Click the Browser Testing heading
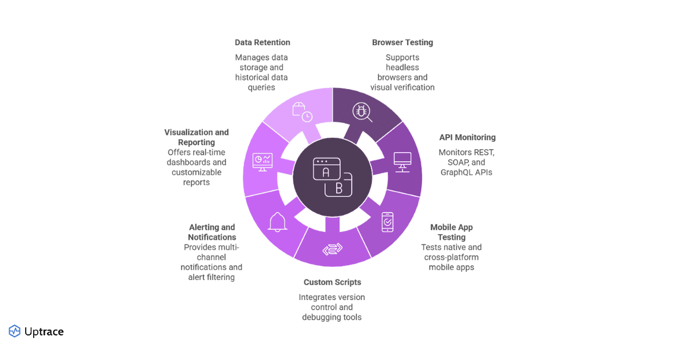402,42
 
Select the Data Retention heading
262,42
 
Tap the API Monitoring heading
467,138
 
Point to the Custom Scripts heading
332,282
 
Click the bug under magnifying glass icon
362,112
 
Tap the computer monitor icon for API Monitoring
402,162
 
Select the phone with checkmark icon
387,222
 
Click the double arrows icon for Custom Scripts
332,250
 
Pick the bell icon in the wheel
278,222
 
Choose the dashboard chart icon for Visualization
262,162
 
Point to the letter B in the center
338,190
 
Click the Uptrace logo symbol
14,331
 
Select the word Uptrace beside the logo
44,331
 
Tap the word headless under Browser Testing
402,67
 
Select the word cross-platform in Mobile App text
451,257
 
